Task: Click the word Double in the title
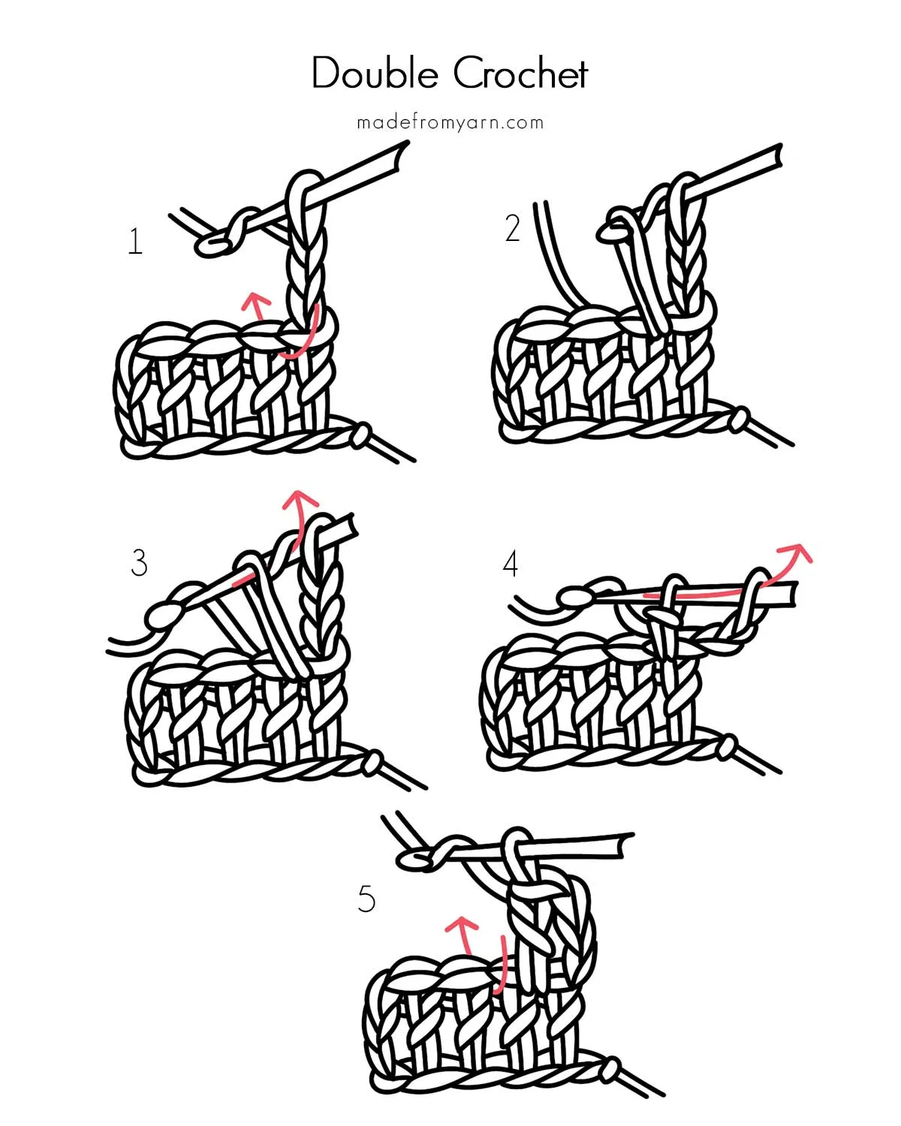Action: pyautogui.click(x=375, y=74)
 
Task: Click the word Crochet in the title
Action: pyautogui.click(x=520, y=74)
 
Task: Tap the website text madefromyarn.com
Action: pyautogui.click(x=450, y=122)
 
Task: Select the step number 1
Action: pyautogui.click(x=135, y=242)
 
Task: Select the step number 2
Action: pyautogui.click(x=512, y=228)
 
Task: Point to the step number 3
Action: pyautogui.click(x=139, y=563)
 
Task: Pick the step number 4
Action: pyautogui.click(x=511, y=564)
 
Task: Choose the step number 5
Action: pyautogui.click(x=366, y=899)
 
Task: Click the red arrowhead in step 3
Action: pyautogui.click(x=302, y=498)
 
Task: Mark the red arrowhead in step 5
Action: pyautogui.click(x=460, y=923)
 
